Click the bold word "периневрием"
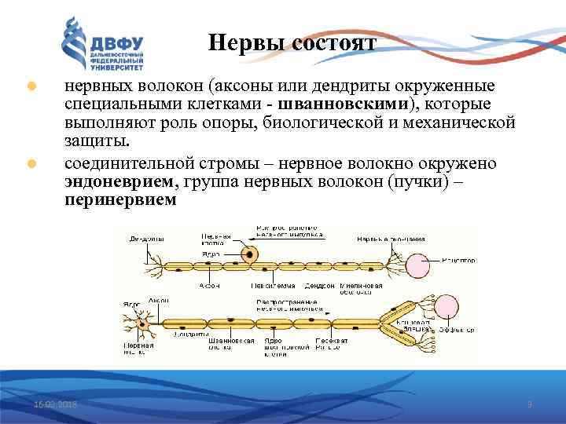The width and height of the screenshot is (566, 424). tap(121, 200)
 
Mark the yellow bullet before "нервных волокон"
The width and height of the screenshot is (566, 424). tap(31, 86)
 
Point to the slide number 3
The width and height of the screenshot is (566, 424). tap(529, 404)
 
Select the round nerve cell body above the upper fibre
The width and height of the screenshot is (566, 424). tap(251, 253)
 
